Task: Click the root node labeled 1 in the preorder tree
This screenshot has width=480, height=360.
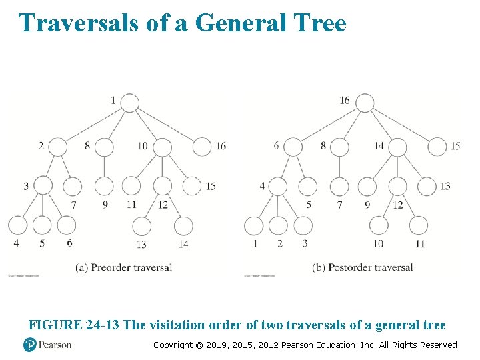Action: point(129,103)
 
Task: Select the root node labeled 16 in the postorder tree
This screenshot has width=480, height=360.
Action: point(364,103)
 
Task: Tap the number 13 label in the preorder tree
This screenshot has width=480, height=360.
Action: point(141,245)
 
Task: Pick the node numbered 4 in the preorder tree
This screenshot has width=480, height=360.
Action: point(18,226)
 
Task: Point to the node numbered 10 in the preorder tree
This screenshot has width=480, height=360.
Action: point(162,147)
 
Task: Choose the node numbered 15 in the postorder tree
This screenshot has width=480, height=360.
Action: point(437,147)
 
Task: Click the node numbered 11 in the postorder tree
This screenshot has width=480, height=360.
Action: point(419,226)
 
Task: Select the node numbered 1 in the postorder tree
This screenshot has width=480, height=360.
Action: point(254,226)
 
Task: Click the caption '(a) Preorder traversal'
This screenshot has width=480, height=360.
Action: point(123,267)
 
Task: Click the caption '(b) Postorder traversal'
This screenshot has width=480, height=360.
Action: point(362,267)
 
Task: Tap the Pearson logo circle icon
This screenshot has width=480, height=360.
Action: point(29,345)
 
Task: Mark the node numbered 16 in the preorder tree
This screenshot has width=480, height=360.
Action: point(203,147)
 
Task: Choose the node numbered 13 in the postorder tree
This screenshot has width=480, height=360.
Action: point(427,186)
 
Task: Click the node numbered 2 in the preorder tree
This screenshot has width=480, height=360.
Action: point(58,147)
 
